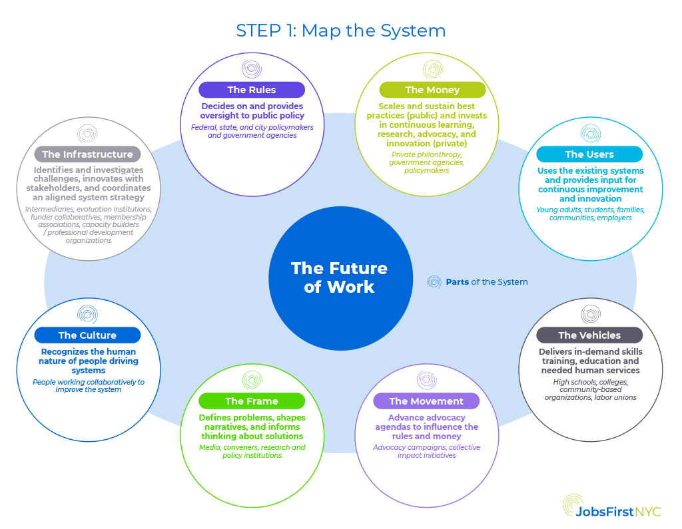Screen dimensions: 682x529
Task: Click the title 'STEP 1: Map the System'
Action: pyautogui.click(x=341, y=31)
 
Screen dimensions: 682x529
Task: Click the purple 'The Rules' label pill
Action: pyautogui.click(x=252, y=90)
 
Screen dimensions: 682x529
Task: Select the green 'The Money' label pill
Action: pyautogui.click(x=432, y=90)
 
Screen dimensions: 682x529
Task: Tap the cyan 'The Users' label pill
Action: pyautogui.click(x=589, y=154)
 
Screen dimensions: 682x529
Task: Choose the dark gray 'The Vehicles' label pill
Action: pyautogui.click(x=589, y=335)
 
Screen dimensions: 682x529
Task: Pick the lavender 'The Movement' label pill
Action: pyautogui.click(x=426, y=401)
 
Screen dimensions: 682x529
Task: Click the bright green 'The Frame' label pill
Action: pyautogui.click(x=252, y=401)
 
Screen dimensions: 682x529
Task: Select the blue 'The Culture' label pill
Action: pyautogui.click(x=87, y=335)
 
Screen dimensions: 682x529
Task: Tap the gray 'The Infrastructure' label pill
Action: pyautogui.click(x=87, y=154)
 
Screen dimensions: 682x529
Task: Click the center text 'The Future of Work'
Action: pyautogui.click(x=339, y=277)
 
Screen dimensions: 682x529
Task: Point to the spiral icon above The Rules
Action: pyautogui.click(x=252, y=69)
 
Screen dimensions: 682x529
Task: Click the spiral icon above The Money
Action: pyautogui.click(x=433, y=69)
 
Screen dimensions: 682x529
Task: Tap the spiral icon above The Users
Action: pyautogui.click(x=590, y=134)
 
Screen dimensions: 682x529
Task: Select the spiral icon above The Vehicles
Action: pyautogui.click(x=590, y=314)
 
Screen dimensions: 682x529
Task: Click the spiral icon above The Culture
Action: pyautogui.click(x=87, y=314)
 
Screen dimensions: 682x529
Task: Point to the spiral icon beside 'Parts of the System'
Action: pyautogui.click(x=434, y=282)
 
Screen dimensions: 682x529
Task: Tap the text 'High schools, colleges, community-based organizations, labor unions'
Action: pyautogui.click(x=590, y=390)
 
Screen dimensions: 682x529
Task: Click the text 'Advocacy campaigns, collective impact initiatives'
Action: pyautogui.click(x=426, y=451)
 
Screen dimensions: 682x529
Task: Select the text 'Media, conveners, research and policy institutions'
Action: pyautogui.click(x=252, y=451)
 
